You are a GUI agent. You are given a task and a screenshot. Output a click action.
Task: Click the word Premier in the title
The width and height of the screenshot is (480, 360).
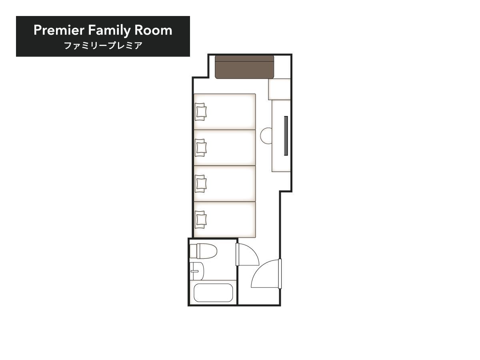pyautogui.click(x=59, y=30)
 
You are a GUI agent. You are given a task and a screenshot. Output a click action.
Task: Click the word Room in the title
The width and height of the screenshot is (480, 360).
pyautogui.click(x=153, y=30)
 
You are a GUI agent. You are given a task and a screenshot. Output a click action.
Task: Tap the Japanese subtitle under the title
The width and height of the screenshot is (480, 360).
pyautogui.click(x=103, y=46)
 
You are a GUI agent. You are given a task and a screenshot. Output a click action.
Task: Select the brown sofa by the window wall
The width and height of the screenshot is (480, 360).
pyautogui.click(x=244, y=67)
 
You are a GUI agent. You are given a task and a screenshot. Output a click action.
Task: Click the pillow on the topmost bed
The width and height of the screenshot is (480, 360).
pyautogui.click(x=200, y=112)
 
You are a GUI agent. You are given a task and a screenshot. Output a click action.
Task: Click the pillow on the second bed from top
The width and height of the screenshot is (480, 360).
pyautogui.click(x=200, y=148)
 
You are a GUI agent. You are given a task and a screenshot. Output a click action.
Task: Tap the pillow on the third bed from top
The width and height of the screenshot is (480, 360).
pyautogui.click(x=200, y=184)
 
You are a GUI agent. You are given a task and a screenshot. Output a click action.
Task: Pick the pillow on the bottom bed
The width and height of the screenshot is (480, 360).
pyautogui.click(x=200, y=220)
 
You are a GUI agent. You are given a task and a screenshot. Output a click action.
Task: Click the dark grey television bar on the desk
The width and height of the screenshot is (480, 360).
pyautogui.click(x=286, y=136)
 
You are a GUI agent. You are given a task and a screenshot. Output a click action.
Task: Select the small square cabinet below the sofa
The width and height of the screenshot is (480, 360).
pyautogui.click(x=280, y=89)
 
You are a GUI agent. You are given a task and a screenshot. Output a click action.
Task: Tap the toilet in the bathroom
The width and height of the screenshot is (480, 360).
pyautogui.click(x=203, y=251)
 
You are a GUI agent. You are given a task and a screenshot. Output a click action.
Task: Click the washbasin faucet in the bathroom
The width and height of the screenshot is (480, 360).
pyautogui.click(x=194, y=271)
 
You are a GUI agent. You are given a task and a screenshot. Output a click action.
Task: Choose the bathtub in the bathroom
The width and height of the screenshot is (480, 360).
pyautogui.click(x=213, y=293)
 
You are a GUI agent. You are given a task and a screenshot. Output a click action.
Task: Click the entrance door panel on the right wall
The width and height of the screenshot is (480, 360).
pyautogui.click(x=280, y=274)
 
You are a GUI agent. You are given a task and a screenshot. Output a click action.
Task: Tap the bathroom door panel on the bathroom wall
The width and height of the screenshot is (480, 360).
pyautogui.click(x=237, y=254)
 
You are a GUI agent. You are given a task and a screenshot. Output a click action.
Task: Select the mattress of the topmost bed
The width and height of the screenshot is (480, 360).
pyautogui.click(x=225, y=112)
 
